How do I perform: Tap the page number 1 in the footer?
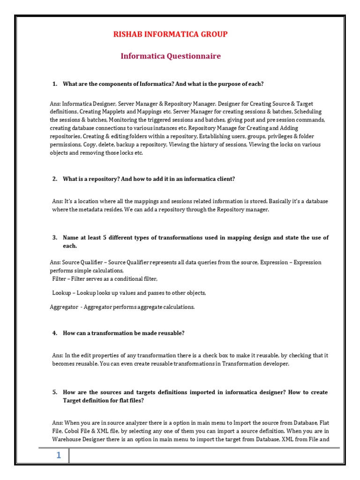coord(59,456)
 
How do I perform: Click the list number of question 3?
coord(54,238)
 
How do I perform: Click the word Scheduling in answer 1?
coord(309,112)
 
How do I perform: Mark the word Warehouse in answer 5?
coord(66,440)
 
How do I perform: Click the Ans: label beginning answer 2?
coord(57,202)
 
